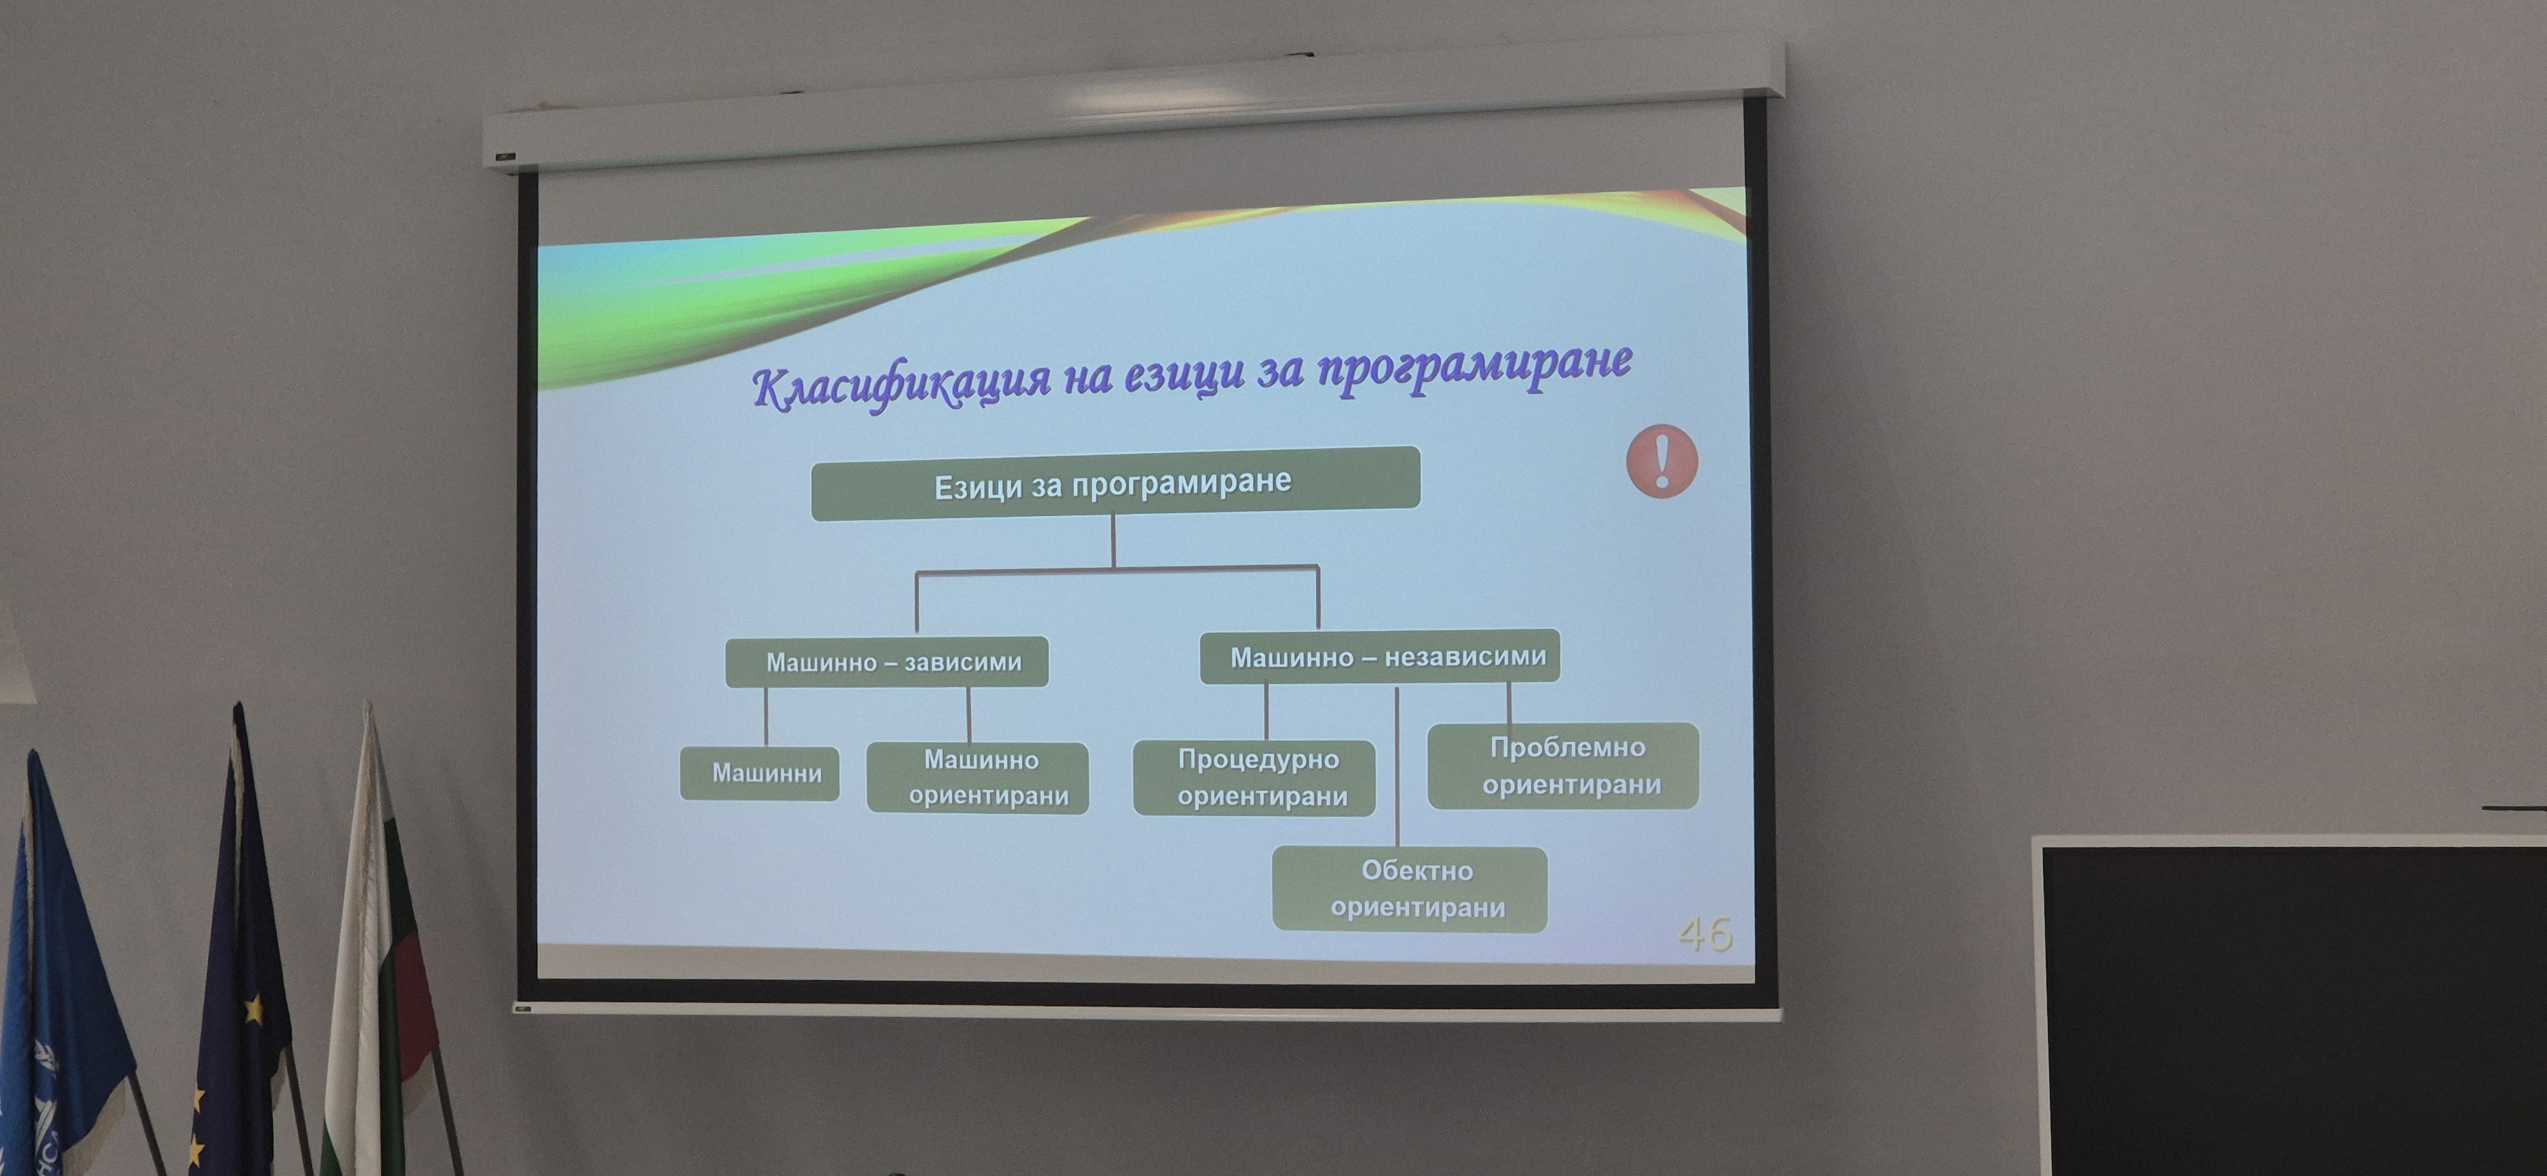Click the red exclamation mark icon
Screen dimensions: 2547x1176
point(1662,461)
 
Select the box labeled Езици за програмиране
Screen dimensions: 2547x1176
point(1116,483)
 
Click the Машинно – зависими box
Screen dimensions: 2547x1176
point(887,661)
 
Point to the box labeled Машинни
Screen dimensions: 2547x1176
point(760,773)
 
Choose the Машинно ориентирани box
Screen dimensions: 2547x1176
point(978,778)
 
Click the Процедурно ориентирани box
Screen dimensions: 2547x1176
point(1254,778)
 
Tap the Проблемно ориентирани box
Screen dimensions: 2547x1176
point(1563,766)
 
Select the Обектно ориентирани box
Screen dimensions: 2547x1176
point(1410,888)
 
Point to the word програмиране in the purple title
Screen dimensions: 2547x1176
point(1474,365)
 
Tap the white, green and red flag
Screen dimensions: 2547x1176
point(381,939)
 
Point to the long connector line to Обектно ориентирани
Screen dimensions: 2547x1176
point(1396,767)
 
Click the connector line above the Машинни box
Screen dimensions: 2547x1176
point(766,717)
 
